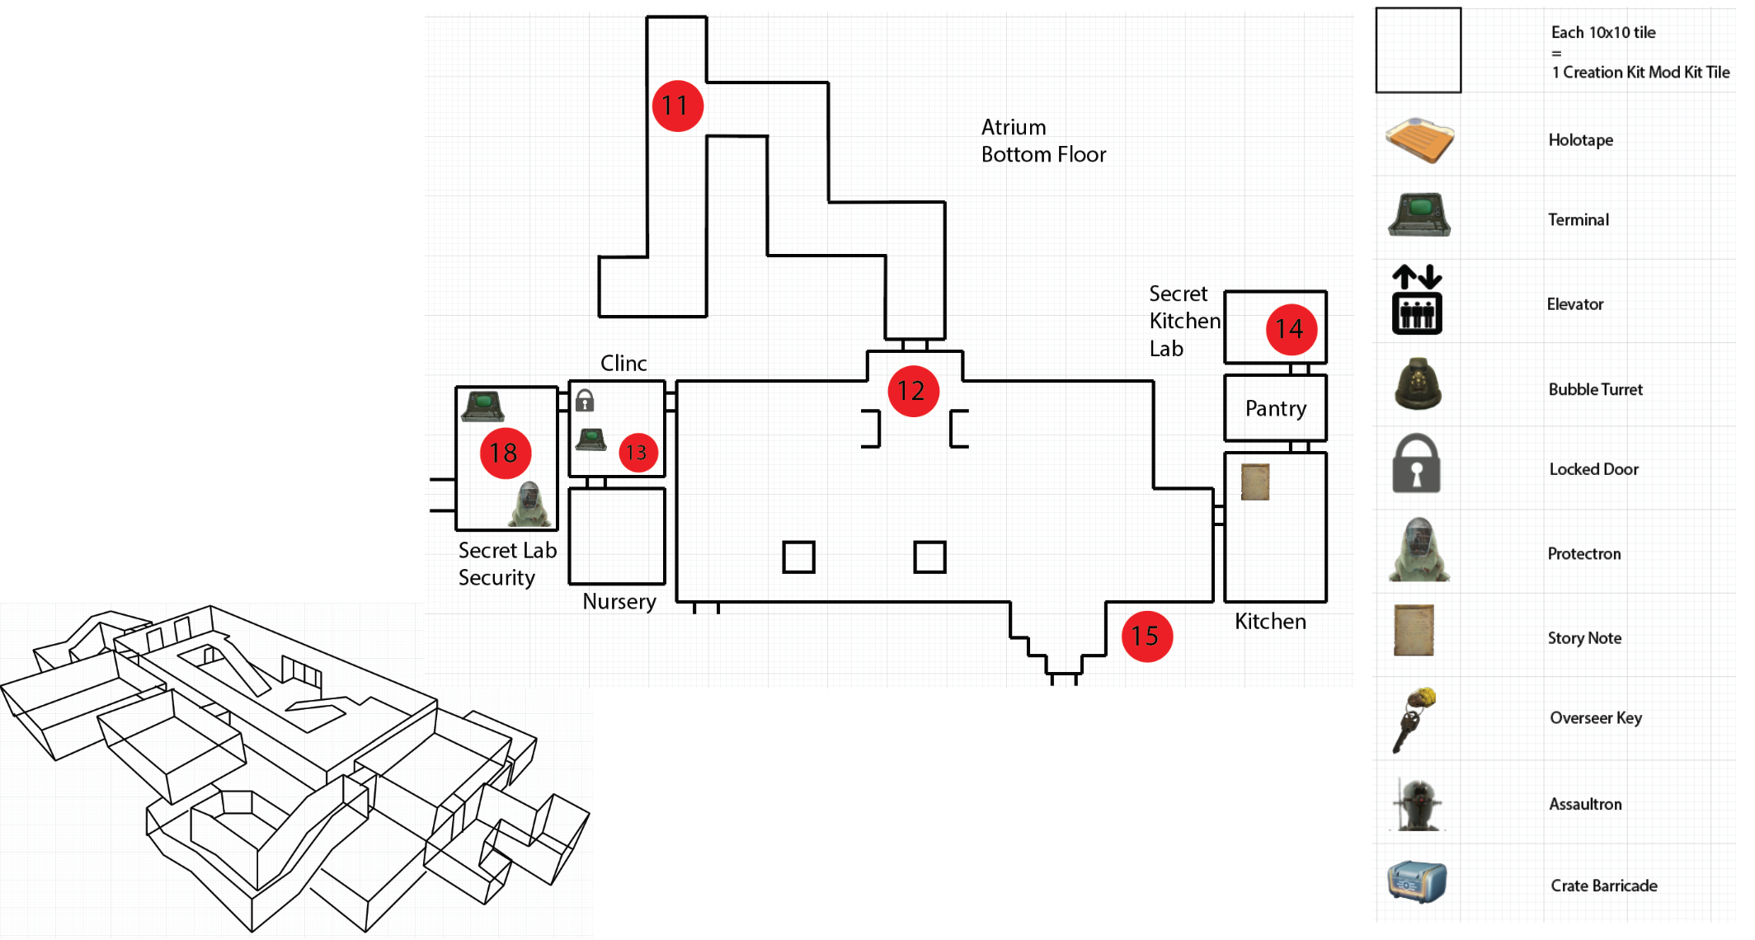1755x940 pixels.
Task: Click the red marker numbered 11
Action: coord(677,106)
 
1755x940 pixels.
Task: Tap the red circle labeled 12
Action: coord(912,391)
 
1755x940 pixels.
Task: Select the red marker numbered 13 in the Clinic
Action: coord(638,452)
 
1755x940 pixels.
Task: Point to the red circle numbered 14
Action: coord(1291,330)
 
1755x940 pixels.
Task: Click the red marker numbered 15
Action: coord(1146,636)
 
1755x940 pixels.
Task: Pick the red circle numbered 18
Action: coord(505,453)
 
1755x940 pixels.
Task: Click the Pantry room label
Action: coord(1275,409)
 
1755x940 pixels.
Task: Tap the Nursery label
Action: coord(619,602)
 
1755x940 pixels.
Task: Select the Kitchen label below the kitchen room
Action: coord(1270,622)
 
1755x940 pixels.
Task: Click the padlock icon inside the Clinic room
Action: coord(585,401)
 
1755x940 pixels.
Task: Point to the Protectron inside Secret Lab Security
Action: coord(529,504)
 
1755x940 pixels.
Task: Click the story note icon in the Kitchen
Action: coord(1255,482)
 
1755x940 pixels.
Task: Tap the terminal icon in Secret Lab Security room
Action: coord(483,405)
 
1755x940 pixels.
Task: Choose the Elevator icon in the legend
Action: coord(1417,300)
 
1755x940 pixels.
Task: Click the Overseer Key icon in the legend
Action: coord(1415,719)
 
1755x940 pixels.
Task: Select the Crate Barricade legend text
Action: coord(1603,886)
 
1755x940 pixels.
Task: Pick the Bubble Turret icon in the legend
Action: coord(1418,384)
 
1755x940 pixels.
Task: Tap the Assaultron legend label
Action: coord(1584,804)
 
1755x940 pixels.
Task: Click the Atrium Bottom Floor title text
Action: coord(1042,141)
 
